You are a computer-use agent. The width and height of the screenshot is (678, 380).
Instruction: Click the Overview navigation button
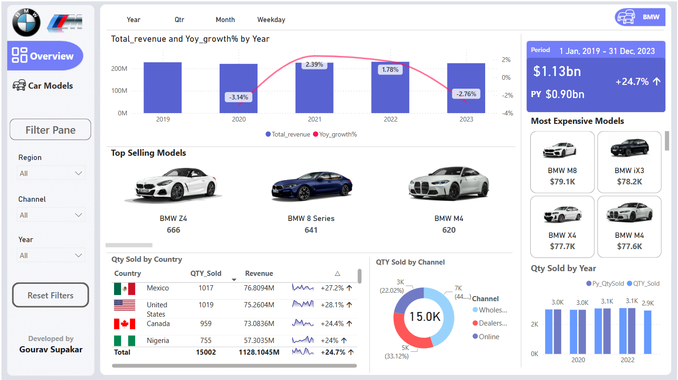[45, 56]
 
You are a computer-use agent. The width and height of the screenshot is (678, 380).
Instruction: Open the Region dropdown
[51, 173]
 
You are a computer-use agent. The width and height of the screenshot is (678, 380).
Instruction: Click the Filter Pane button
[50, 130]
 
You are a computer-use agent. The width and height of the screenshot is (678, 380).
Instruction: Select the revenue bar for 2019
[162, 88]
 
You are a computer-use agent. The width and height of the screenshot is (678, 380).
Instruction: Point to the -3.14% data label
[239, 97]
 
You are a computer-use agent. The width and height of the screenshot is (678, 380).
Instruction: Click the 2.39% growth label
[314, 64]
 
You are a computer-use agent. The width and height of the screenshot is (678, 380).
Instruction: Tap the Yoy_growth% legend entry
[335, 134]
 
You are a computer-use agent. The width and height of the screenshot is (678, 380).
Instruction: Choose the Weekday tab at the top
[271, 20]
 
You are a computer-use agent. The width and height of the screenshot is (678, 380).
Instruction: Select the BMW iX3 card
[629, 162]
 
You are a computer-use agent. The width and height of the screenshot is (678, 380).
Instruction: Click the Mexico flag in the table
[124, 289]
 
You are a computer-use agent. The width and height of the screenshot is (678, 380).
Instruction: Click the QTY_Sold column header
[206, 274]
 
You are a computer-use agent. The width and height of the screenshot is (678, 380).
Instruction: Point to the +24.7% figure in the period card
[632, 82]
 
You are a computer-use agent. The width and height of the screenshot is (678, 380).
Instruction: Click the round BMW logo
[26, 22]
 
